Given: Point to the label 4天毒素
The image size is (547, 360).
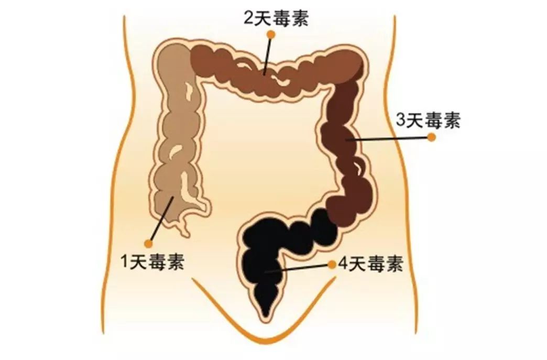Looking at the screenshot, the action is tap(371, 264).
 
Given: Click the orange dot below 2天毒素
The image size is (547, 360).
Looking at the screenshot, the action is tap(271, 35).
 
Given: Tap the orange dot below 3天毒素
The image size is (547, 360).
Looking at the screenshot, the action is tap(432, 137).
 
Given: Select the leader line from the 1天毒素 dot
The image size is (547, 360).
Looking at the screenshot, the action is tap(160, 220).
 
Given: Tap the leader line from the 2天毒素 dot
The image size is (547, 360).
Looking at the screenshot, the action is tap(268, 55).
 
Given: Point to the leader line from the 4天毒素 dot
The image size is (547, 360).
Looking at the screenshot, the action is tap(299, 268).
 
